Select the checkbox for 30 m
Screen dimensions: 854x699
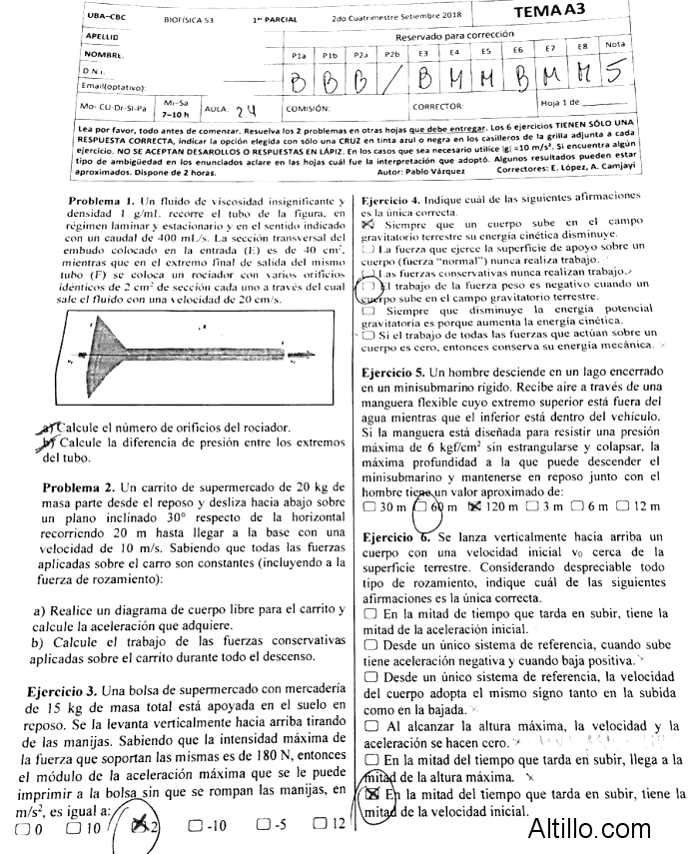(x=370, y=506)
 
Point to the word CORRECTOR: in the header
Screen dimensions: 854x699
(x=438, y=106)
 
